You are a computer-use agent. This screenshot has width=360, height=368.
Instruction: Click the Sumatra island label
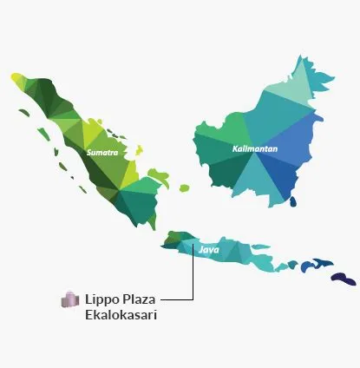102,152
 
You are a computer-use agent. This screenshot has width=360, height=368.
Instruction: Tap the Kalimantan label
255,148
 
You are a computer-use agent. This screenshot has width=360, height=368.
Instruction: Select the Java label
208,250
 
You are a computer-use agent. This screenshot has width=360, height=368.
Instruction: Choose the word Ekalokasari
121,314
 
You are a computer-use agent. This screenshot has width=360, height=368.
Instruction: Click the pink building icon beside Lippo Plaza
69,300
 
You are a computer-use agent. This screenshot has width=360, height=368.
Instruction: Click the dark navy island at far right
344,278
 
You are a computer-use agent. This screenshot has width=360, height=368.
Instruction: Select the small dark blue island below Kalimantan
292,201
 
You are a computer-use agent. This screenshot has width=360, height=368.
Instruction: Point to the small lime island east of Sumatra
184,187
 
